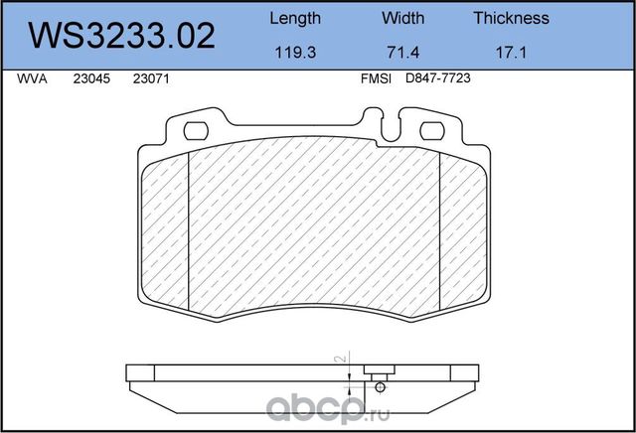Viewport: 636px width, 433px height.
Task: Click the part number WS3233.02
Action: coord(121,36)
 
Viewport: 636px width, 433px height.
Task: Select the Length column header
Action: coord(295,19)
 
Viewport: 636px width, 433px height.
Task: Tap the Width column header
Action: coord(402,18)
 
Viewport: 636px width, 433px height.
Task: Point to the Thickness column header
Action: coord(511,18)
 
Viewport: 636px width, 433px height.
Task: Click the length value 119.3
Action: coord(295,53)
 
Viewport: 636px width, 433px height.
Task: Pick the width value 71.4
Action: coord(402,53)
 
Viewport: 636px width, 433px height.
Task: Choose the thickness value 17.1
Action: coord(511,53)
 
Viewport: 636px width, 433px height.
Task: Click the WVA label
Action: coord(32,78)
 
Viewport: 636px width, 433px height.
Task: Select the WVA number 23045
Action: coord(91,78)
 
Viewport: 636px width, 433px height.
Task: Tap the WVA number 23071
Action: coord(151,78)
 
